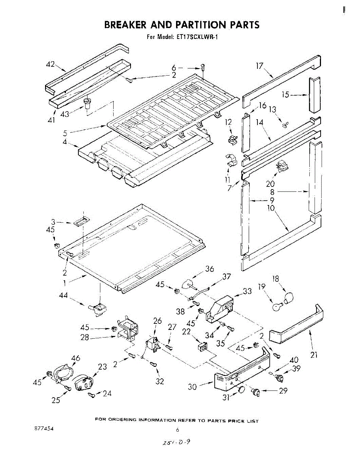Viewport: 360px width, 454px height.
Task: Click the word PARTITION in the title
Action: (x=201, y=25)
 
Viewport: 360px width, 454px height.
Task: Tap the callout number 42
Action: (x=51, y=64)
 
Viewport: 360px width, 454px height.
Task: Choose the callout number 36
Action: (x=209, y=269)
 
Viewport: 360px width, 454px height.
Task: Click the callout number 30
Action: (x=193, y=387)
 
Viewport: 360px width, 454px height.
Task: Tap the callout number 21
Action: (x=314, y=354)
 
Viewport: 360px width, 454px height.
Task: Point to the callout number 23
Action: (x=103, y=366)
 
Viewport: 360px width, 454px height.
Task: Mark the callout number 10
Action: (x=270, y=208)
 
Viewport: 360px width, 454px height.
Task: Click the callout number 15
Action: (x=286, y=95)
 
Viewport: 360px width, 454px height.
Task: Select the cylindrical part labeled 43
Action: (x=87, y=103)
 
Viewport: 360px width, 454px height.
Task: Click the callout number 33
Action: (x=247, y=291)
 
